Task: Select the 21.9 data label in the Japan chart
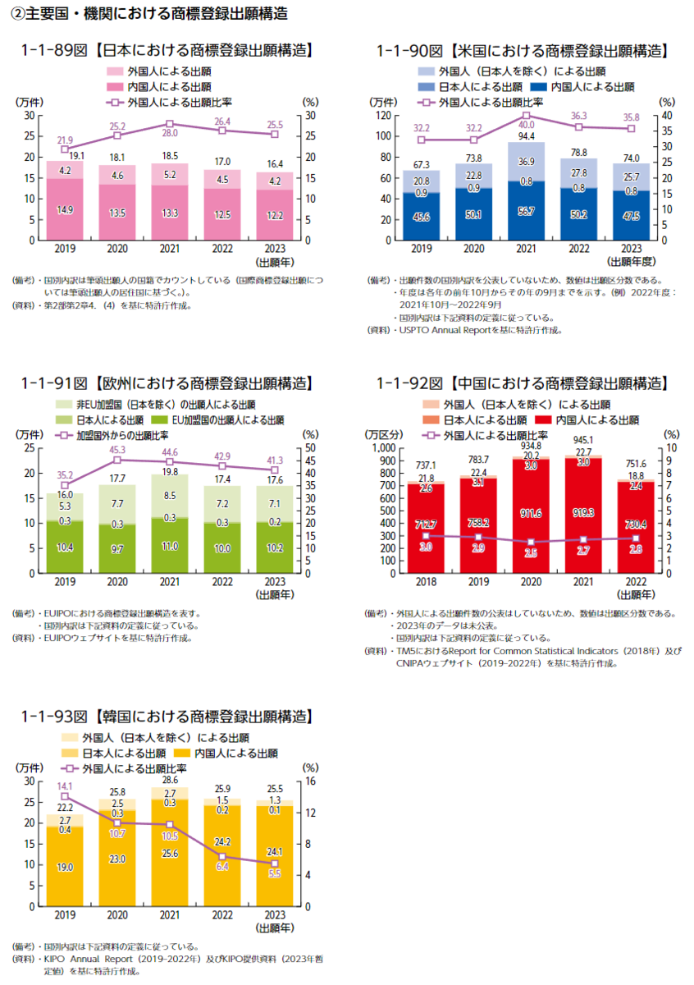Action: click(65, 140)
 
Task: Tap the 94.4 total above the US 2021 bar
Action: click(526, 136)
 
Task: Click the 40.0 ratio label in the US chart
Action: click(526, 103)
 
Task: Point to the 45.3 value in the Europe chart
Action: click(117, 450)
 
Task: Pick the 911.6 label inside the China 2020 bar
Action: click(531, 513)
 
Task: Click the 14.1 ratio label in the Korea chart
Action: click(65, 786)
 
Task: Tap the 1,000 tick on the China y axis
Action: click(383, 448)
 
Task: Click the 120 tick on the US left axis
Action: click(383, 115)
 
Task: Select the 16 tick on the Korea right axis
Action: click(312, 781)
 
